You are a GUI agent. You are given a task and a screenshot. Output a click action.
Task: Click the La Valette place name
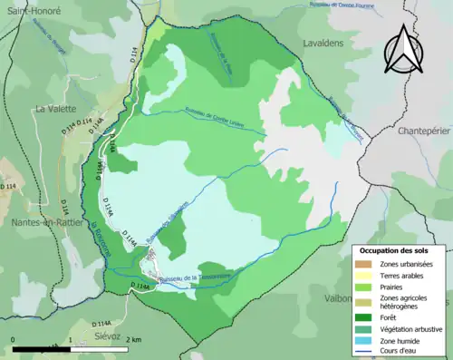point(54,109)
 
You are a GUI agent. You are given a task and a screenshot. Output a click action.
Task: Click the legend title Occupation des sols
point(395,249)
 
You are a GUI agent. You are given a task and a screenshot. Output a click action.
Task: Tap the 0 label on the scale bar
point(14,340)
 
